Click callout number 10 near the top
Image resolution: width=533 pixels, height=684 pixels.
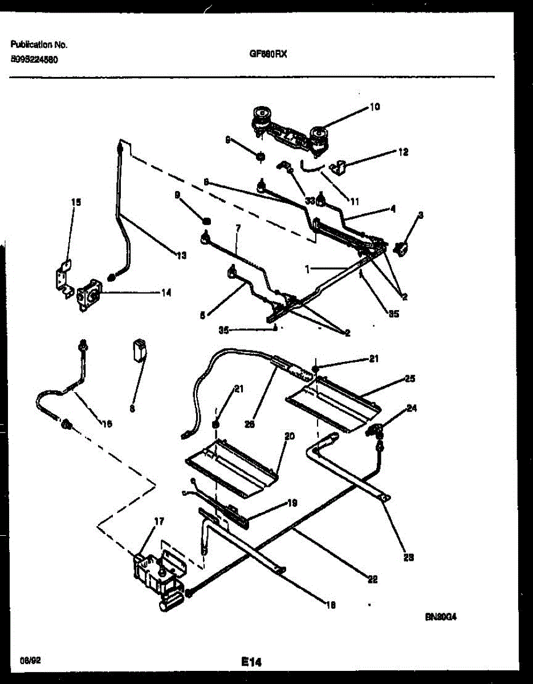(x=375, y=107)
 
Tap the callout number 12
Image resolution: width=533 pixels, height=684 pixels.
(x=403, y=152)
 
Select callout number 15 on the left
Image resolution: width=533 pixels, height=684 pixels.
(x=76, y=202)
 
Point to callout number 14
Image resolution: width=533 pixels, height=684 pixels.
(x=166, y=293)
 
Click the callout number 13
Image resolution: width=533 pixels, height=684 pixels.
(x=181, y=256)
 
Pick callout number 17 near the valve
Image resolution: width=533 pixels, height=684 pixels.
(x=159, y=521)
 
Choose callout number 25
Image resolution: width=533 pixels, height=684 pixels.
(x=409, y=378)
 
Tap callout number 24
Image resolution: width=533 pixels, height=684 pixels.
(x=412, y=408)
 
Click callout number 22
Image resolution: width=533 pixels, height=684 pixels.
(x=372, y=580)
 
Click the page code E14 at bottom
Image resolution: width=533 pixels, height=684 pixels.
(x=250, y=662)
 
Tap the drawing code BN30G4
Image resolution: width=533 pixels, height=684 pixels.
(x=441, y=617)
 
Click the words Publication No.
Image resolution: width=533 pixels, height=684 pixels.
(x=39, y=44)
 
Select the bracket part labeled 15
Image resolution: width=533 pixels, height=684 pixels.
(x=65, y=278)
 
